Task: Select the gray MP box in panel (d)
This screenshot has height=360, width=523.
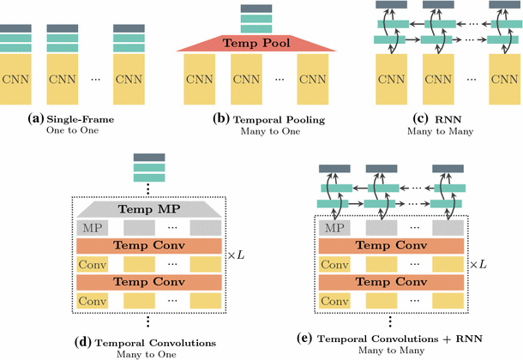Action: [x=93, y=227]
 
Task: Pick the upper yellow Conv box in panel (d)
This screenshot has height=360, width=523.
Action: [x=93, y=263]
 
